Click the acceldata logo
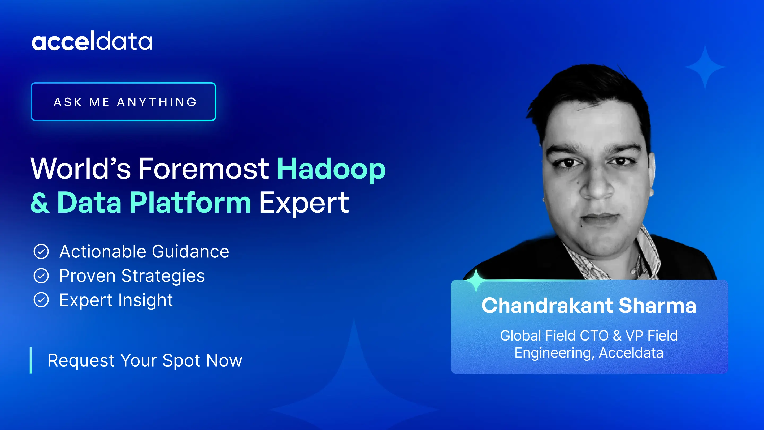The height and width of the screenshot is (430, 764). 92,41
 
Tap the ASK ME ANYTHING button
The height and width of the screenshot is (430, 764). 123,101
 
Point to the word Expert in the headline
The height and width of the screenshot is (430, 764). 304,203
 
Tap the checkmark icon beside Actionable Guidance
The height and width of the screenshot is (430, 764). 41,252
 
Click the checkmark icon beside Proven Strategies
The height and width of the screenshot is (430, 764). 41,276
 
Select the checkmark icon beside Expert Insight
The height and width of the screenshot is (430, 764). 41,300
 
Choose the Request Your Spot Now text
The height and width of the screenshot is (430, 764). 145,360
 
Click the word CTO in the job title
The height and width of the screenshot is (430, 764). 594,336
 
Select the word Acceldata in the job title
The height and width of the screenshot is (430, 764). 631,353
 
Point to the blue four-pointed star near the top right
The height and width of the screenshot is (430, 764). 705,67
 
